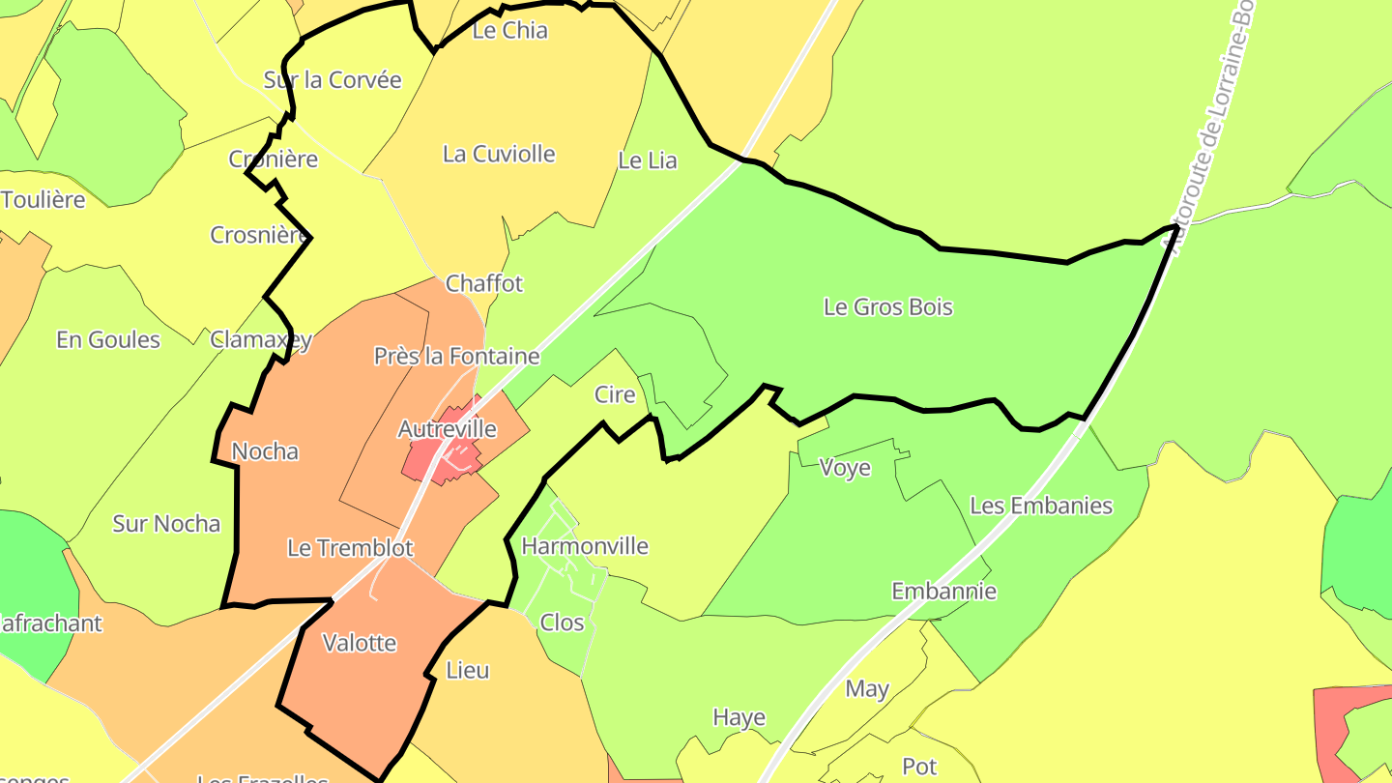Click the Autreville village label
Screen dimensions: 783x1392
448,428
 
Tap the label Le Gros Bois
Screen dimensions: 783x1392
887,307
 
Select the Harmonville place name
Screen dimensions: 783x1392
584,546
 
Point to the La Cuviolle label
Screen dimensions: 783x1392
499,154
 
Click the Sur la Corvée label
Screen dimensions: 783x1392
332,80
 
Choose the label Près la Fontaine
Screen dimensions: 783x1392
456,356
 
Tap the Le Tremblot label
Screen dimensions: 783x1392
350,548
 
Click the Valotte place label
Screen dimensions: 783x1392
359,643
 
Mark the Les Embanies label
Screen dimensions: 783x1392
1040,506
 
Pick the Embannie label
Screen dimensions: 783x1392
943,591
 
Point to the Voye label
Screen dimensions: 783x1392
845,468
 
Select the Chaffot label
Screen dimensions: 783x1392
483,283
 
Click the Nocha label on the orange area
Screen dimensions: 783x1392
265,451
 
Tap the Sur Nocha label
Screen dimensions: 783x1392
166,524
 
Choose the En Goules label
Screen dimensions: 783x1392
108,339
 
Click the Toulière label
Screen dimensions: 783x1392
43,200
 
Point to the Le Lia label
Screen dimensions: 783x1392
647,160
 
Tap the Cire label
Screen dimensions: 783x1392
615,394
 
